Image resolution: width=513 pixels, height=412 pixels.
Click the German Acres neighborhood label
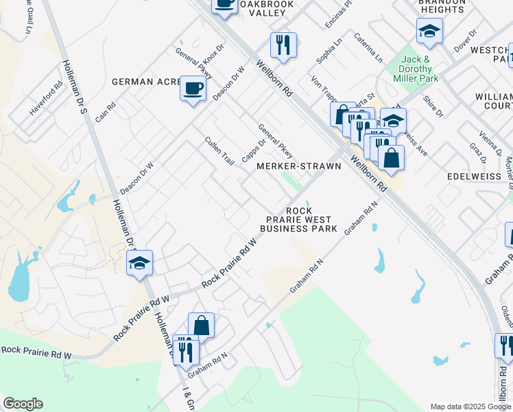(x=147, y=82)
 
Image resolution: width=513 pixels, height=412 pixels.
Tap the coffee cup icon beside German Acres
(x=193, y=89)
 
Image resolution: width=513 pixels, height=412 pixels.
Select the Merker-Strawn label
(x=298, y=166)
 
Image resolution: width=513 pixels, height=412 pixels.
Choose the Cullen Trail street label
(x=219, y=151)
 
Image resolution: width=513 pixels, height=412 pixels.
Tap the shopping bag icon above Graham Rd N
(x=202, y=325)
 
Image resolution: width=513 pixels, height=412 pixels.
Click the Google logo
(x=23, y=404)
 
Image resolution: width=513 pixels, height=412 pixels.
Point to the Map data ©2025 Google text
(x=470, y=407)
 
